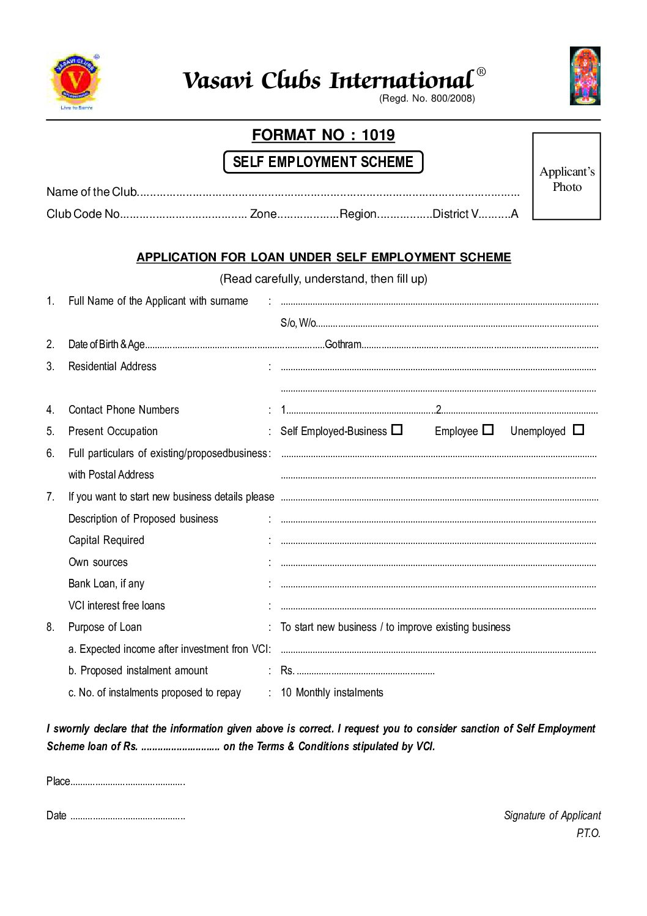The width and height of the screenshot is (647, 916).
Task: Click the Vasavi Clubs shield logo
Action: point(75,81)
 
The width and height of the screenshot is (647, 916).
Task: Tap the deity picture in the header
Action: point(585,75)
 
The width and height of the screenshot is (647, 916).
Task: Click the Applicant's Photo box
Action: point(566,176)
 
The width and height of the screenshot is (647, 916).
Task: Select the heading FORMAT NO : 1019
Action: point(323,135)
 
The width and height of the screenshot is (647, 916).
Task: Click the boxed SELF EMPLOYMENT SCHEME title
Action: point(323,162)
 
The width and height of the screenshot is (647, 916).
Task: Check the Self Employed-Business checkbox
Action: point(397,430)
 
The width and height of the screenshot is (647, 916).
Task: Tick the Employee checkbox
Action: point(487,430)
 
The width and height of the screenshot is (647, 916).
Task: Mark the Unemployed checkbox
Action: point(579,430)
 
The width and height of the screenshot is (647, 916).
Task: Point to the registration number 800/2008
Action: point(453,99)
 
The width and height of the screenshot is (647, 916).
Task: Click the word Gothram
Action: point(343,344)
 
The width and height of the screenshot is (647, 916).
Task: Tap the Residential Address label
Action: point(113,367)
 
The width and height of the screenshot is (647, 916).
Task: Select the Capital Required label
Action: point(106,540)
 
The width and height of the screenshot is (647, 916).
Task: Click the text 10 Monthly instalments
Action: point(332,693)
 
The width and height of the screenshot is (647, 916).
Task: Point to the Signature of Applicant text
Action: point(552,816)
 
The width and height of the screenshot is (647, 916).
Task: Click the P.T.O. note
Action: point(588,833)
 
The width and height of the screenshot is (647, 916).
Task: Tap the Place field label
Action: point(58,781)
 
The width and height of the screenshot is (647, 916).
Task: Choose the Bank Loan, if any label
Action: point(106,584)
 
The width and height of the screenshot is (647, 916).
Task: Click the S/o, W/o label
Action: point(298,323)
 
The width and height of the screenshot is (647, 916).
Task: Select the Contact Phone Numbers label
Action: point(124,410)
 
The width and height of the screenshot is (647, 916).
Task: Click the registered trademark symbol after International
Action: point(481,72)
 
